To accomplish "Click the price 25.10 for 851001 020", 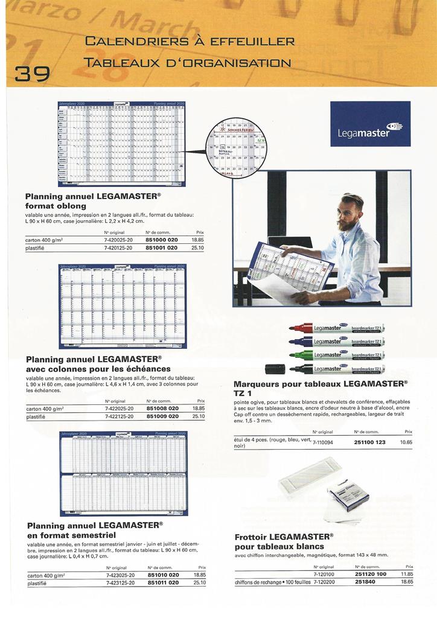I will [x=197, y=247].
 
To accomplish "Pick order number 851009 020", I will [x=163, y=416].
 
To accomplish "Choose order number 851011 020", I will [x=163, y=583].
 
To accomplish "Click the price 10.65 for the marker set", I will [x=406, y=442].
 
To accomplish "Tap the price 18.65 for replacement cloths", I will [x=407, y=582].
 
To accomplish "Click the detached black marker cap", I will [x=275, y=368].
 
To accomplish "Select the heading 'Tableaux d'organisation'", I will [x=188, y=62].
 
